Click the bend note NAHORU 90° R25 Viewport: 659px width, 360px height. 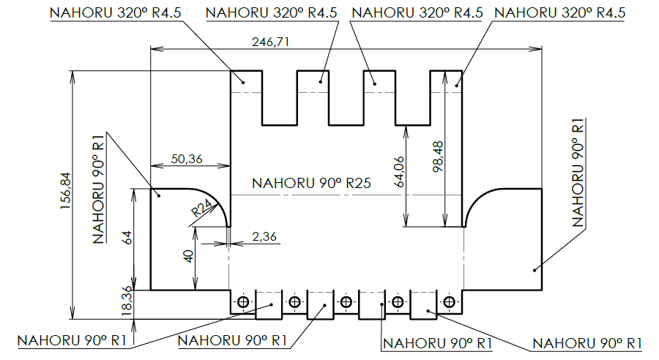[310, 184]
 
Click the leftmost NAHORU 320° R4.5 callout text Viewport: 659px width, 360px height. [116, 12]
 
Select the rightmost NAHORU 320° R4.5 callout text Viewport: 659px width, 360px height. [560, 12]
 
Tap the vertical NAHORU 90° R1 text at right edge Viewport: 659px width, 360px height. [578, 172]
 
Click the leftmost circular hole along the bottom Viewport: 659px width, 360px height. [243, 302]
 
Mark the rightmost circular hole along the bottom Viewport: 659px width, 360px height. [448, 302]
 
